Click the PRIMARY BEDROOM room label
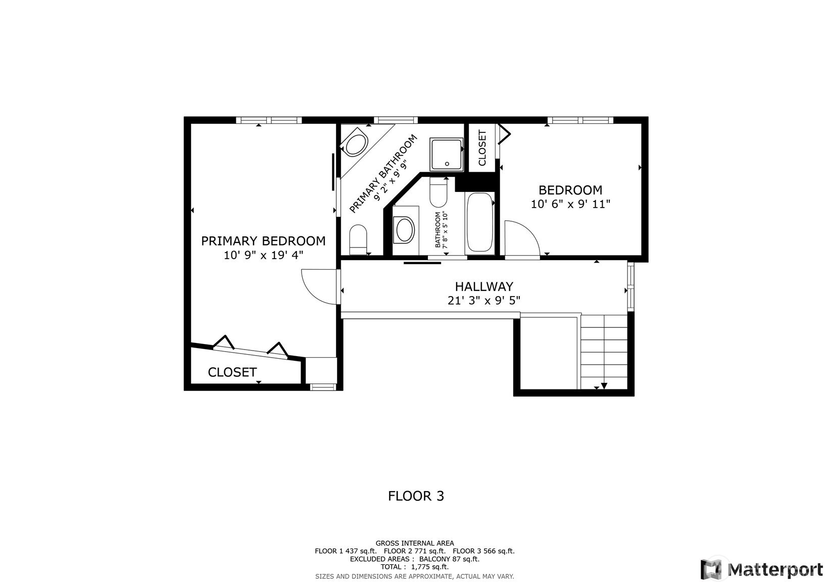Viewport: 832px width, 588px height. (263, 241)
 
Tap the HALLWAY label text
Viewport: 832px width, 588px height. (484, 286)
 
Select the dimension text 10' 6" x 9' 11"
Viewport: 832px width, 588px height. (570, 204)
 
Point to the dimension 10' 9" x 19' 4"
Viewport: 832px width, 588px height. (263, 255)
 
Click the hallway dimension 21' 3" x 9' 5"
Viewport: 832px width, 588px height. (483, 301)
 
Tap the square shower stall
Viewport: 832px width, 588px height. (447, 154)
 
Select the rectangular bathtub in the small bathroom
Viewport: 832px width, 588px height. (480, 222)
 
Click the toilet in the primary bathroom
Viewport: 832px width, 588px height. (358, 239)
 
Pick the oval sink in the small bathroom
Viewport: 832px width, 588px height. (405, 230)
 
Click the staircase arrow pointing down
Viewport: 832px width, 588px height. (604, 386)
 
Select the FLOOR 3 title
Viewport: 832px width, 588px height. (416, 496)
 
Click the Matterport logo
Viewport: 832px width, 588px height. (762, 569)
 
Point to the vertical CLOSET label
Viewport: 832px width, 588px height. (482, 148)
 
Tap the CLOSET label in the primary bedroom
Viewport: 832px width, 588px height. (232, 372)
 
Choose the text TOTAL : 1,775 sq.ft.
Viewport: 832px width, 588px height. (415, 567)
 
